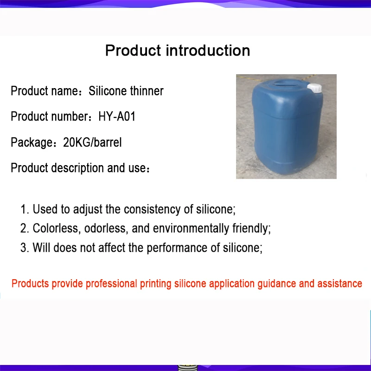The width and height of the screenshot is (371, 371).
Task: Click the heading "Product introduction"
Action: click(178, 51)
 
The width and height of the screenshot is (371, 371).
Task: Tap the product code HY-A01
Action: click(117, 116)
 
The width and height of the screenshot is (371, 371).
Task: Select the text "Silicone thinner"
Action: click(126, 90)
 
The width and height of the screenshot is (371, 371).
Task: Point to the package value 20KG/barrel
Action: click(92, 142)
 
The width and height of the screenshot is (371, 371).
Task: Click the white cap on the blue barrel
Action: click(315, 88)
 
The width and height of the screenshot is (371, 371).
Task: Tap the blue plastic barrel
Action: click(287, 127)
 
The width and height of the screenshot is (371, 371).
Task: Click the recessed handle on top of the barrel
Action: click(287, 83)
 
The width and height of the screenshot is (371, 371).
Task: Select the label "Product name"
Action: click(44, 91)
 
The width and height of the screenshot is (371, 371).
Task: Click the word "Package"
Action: click(32, 142)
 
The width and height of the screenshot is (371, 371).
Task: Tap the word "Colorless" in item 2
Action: click(55, 228)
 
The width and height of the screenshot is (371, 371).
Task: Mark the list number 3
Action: click(25, 248)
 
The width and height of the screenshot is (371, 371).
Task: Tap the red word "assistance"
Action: click(339, 283)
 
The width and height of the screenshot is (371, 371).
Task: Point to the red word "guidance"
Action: click(276, 284)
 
